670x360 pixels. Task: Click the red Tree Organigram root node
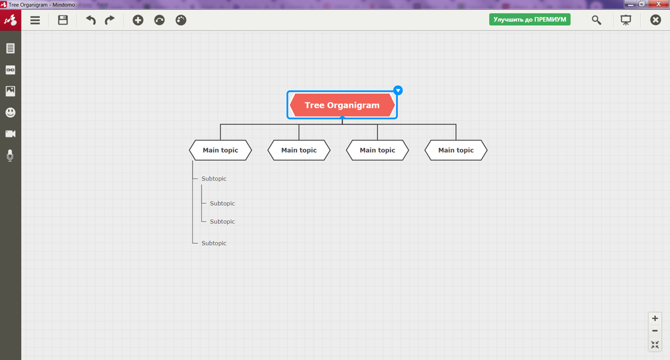(x=342, y=105)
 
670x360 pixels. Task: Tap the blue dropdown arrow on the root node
(x=398, y=91)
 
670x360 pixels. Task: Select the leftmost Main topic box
(x=220, y=150)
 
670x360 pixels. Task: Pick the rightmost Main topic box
(x=456, y=150)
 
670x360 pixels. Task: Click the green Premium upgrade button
(x=530, y=19)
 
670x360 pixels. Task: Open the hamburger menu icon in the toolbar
(x=35, y=20)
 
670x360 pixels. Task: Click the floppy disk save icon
(x=63, y=20)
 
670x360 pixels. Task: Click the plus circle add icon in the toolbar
(x=138, y=20)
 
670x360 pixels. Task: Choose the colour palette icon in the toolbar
(x=181, y=20)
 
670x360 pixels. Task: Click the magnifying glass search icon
(x=596, y=20)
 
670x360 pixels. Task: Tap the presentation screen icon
(x=626, y=20)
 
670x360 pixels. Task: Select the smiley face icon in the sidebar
(x=10, y=113)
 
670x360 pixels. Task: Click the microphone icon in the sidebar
(x=10, y=155)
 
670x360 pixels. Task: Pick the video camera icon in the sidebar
(x=10, y=133)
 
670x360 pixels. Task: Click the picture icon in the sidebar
(x=10, y=91)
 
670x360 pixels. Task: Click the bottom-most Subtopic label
(x=214, y=243)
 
